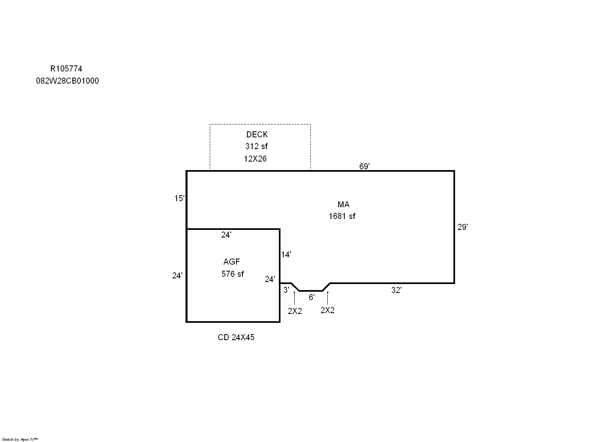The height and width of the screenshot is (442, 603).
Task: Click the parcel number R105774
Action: point(66,69)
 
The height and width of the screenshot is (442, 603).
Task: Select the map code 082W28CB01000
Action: point(67,81)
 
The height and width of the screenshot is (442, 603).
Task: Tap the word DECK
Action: point(257,134)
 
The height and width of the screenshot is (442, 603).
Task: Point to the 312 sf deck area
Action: point(257,146)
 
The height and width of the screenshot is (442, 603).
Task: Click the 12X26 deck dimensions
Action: point(255,159)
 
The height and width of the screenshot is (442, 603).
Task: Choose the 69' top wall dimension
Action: point(365,166)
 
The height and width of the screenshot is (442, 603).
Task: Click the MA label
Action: point(344,204)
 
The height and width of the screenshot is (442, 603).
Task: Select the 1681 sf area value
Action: point(342,216)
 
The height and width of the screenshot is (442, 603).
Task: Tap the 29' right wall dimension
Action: point(463,227)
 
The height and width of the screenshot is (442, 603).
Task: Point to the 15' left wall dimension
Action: point(179,198)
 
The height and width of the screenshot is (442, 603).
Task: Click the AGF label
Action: point(232,262)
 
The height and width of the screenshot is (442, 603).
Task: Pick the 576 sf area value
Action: point(232,274)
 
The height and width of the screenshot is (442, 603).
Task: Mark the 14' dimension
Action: point(286,255)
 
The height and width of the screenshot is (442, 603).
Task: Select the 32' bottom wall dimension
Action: point(396,290)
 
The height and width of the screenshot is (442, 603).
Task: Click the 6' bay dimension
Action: point(312,297)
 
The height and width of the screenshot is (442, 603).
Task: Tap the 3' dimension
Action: point(286,290)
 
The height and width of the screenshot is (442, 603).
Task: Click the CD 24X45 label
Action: point(236,337)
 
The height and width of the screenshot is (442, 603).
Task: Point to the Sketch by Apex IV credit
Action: point(20,440)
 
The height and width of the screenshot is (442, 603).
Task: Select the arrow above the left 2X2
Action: point(294,298)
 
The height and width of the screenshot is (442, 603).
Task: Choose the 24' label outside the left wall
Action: point(177,276)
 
